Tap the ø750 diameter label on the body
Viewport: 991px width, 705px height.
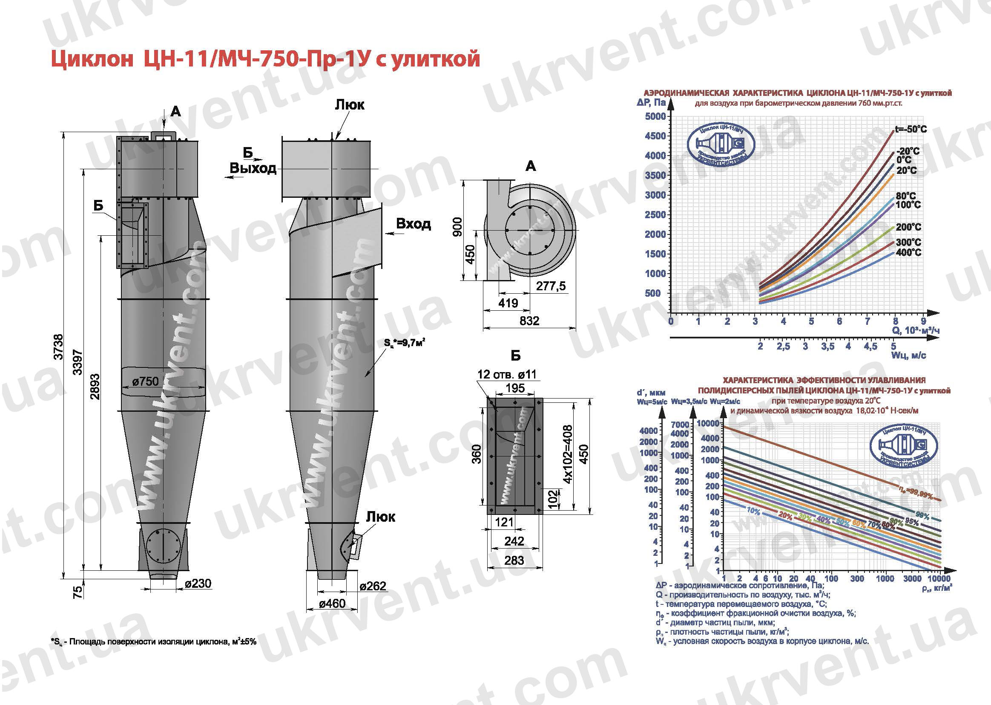145,381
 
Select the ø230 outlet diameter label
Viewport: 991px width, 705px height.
198,584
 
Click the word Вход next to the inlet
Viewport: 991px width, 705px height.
414,224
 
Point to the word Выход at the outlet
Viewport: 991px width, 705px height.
253,168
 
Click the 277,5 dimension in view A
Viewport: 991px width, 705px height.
550,286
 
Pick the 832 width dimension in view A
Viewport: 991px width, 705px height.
529,321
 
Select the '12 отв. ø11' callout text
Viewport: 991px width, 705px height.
506,374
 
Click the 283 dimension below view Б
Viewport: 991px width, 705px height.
514,561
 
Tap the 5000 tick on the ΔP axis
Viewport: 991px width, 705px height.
655,116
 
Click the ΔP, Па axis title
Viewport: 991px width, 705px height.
651,103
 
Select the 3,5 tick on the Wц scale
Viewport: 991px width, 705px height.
827,347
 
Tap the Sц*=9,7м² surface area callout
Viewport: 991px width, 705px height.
404,343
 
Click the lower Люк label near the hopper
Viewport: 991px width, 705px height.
380,517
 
